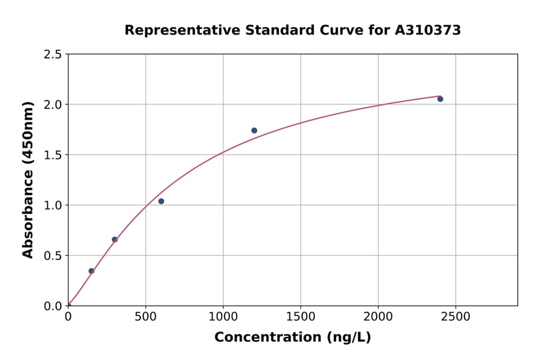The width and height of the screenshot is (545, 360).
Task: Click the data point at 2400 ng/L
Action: (x=440, y=99)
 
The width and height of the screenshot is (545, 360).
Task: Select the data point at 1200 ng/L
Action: (x=254, y=130)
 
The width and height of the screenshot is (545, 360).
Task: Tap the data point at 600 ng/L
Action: (x=161, y=201)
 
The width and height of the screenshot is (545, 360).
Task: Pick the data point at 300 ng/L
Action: (x=114, y=239)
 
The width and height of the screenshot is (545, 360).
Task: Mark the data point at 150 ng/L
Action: (x=91, y=271)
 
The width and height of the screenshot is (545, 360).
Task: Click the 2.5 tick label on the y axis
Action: (x=53, y=55)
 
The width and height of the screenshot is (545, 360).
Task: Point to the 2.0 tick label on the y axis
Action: (x=53, y=105)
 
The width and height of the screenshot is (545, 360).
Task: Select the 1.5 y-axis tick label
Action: (x=53, y=155)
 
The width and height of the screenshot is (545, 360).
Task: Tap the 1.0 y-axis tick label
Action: (x=53, y=205)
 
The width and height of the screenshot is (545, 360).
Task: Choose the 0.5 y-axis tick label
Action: (x=53, y=256)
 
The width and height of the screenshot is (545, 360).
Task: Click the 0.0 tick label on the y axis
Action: (x=53, y=306)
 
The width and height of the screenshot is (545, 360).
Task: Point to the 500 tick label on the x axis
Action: (x=145, y=316)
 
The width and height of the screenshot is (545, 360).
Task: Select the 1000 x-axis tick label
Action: (x=223, y=316)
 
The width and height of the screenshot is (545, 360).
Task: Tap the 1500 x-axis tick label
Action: (x=300, y=316)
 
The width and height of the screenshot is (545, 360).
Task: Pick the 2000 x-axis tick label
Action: (x=378, y=316)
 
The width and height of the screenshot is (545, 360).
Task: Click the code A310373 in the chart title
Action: (x=428, y=30)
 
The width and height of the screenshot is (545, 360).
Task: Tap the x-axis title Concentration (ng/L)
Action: (x=292, y=338)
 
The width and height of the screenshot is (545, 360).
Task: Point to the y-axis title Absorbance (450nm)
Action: (x=28, y=179)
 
